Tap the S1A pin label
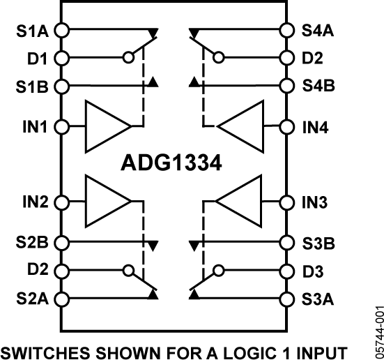(x=31, y=31)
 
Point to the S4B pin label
(x=318, y=87)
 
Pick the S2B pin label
(x=31, y=243)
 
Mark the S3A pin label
(x=318, y=299)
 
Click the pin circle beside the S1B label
(x=61, y=87)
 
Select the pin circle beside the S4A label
(x=285, y=31)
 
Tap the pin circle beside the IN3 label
(x=285, y=202)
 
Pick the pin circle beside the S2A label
(x=61, y=299)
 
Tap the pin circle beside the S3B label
(x=285, y=243)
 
